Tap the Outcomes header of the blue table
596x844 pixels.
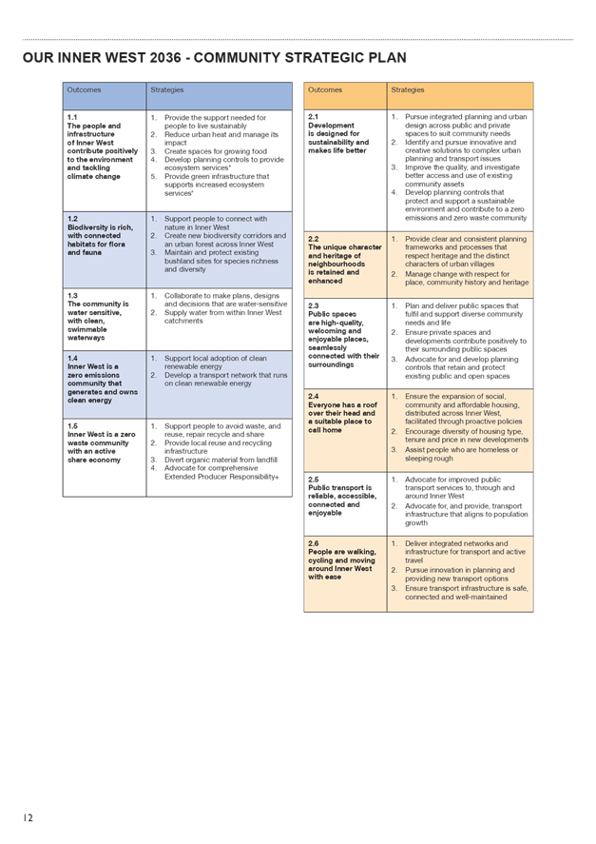pyautogui.click(x=84, y=90)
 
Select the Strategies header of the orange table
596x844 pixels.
pyautogui.click(x=408, y=90)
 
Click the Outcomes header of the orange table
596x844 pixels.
pyautogui.click(x=325, y=90)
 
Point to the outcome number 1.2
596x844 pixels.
pyautogui.click(x=72, y=219)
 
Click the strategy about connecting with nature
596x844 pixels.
pyautogui.click(x=215, y=223)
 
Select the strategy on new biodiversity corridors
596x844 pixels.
pyautogui.click(x=224, y=240)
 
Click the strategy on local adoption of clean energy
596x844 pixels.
pyautogui.click(x=215, y=363)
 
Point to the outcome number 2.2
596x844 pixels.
pyautogui.click(x=314, y=239)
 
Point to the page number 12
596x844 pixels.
pyautogui.click(x=29, y=818)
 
